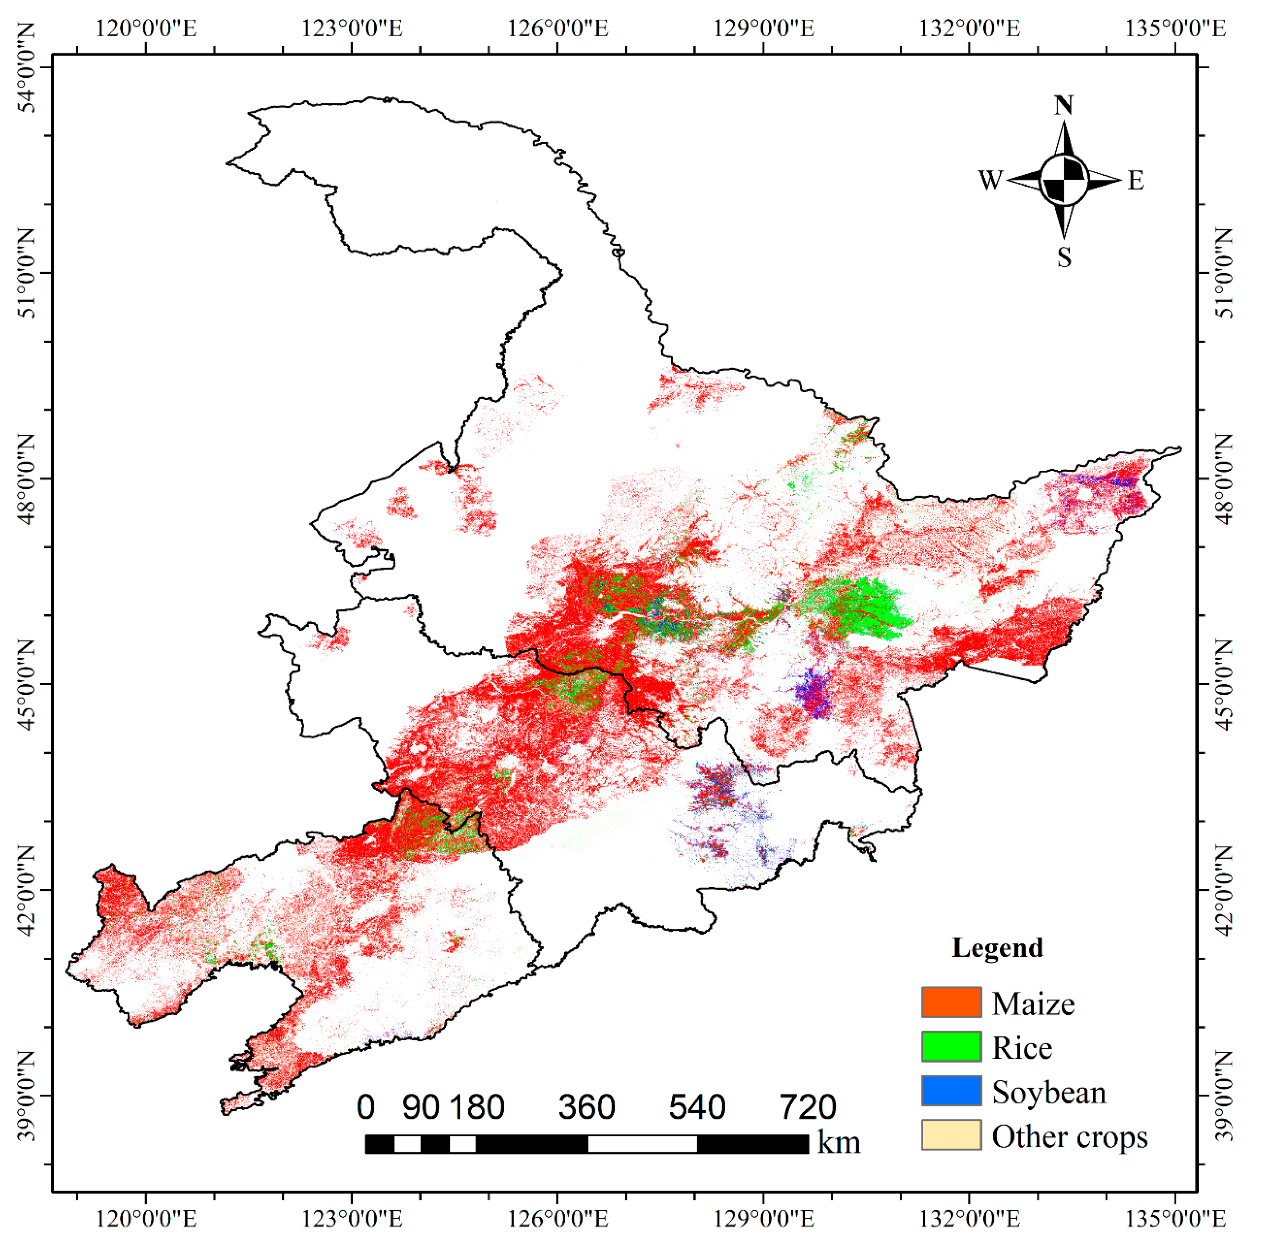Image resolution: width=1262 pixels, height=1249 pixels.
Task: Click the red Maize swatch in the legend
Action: pyautogui.click(x=951, y=1002)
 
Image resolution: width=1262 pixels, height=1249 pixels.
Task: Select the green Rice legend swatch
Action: pyautogui.click(x=951, y=1046)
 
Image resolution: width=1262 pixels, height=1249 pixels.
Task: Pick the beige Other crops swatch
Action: pyautogui.click(x=951, y=1135)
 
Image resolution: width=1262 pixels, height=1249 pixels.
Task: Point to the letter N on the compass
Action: pyautogui.click(x=1063, y=105)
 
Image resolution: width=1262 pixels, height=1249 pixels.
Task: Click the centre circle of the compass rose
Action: pyautogui.click(x=1063, y=179)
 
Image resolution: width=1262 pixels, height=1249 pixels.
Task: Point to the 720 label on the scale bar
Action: pyautogui.click(x=807, y=1107)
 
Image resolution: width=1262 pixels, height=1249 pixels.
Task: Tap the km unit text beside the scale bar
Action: pyautogui.click(x=839, y=1143)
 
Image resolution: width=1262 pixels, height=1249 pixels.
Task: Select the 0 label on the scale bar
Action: pyautogui.click(x=366, y=1107)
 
